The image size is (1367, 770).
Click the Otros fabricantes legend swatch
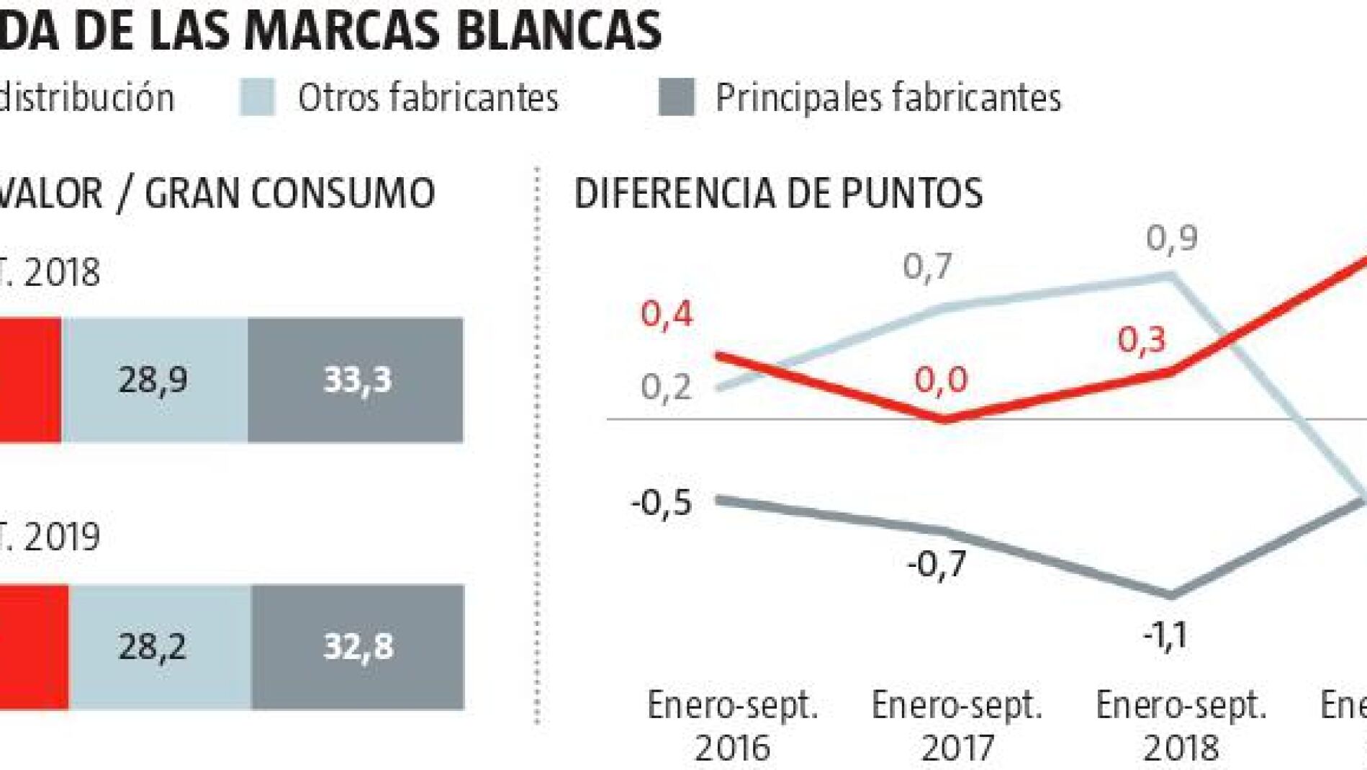[257, 97]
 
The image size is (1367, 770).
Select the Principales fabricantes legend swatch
[676, 97]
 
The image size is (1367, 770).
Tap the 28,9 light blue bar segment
[154, 380]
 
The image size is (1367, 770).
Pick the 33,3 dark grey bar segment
[356, 380]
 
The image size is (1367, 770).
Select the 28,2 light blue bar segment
[160, 646]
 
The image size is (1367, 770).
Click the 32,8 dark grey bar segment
[358, 646]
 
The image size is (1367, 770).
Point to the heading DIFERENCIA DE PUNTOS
[778, 193]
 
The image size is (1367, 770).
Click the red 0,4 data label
[667, 314]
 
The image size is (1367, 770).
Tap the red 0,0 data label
[941, 379]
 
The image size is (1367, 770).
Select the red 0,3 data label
[1142, 339]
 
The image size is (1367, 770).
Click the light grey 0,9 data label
[1172, 238]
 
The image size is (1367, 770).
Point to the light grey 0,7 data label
[927, 267]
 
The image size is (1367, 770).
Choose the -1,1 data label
[1165, 636]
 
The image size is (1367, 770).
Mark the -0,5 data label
[662, 502]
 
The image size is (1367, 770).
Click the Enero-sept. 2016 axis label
[733, 726]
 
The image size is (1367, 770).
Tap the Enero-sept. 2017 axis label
[957, 726]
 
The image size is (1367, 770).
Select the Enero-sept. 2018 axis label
[1181, 726]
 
